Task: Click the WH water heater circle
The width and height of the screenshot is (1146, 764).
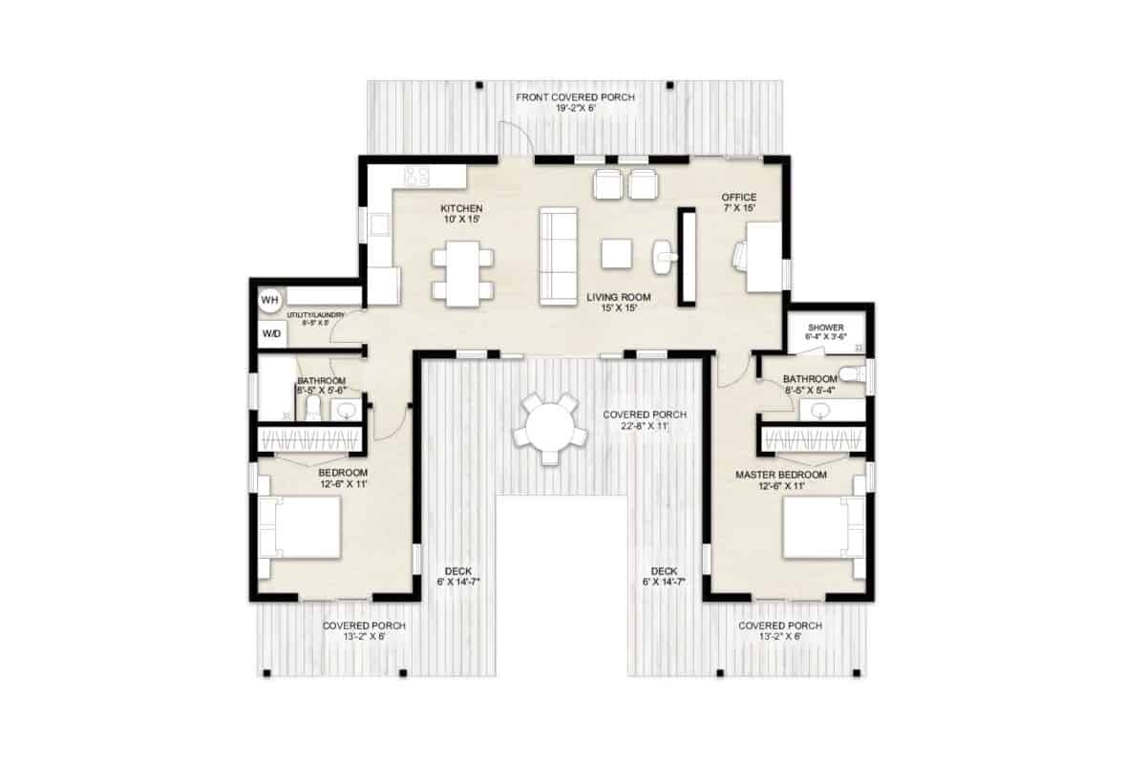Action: click(x=270, y=300)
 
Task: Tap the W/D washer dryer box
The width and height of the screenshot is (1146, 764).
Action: click(x=272, y=334)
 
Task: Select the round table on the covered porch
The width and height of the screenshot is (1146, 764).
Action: click(x=549, y=426)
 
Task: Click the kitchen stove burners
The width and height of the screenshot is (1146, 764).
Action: click(x=416, y=176)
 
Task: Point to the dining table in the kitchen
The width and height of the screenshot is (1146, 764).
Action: click(x=462, y=272)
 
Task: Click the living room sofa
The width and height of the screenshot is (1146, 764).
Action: click(x=559, y=256)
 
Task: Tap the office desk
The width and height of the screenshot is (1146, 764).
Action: click(x=764, y=256)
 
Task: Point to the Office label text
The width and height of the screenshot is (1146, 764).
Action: click(x=739, y=198)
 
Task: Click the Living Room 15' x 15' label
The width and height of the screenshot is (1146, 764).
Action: click(x=612, y=302)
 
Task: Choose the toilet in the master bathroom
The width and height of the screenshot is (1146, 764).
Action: click(x=853, y=373)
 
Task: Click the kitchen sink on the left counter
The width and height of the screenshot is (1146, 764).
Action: click(x=378, y=225)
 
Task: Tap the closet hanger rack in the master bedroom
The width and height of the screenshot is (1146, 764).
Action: click(x=815, y=439)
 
